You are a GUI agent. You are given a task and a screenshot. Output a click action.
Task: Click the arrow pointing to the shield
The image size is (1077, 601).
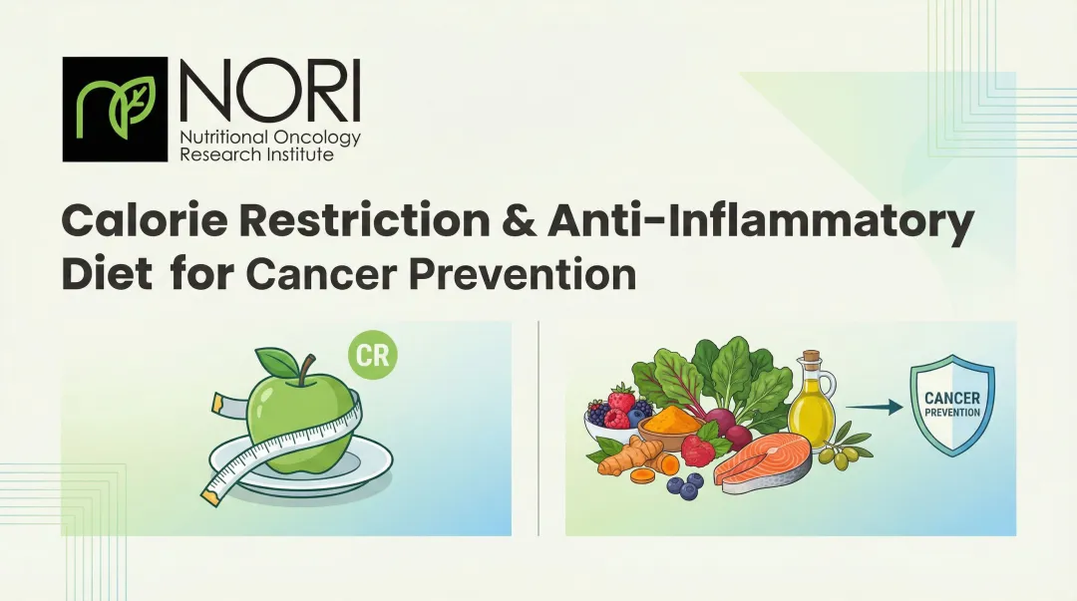873,407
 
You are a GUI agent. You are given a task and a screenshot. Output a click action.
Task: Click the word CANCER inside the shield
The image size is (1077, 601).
951,398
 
